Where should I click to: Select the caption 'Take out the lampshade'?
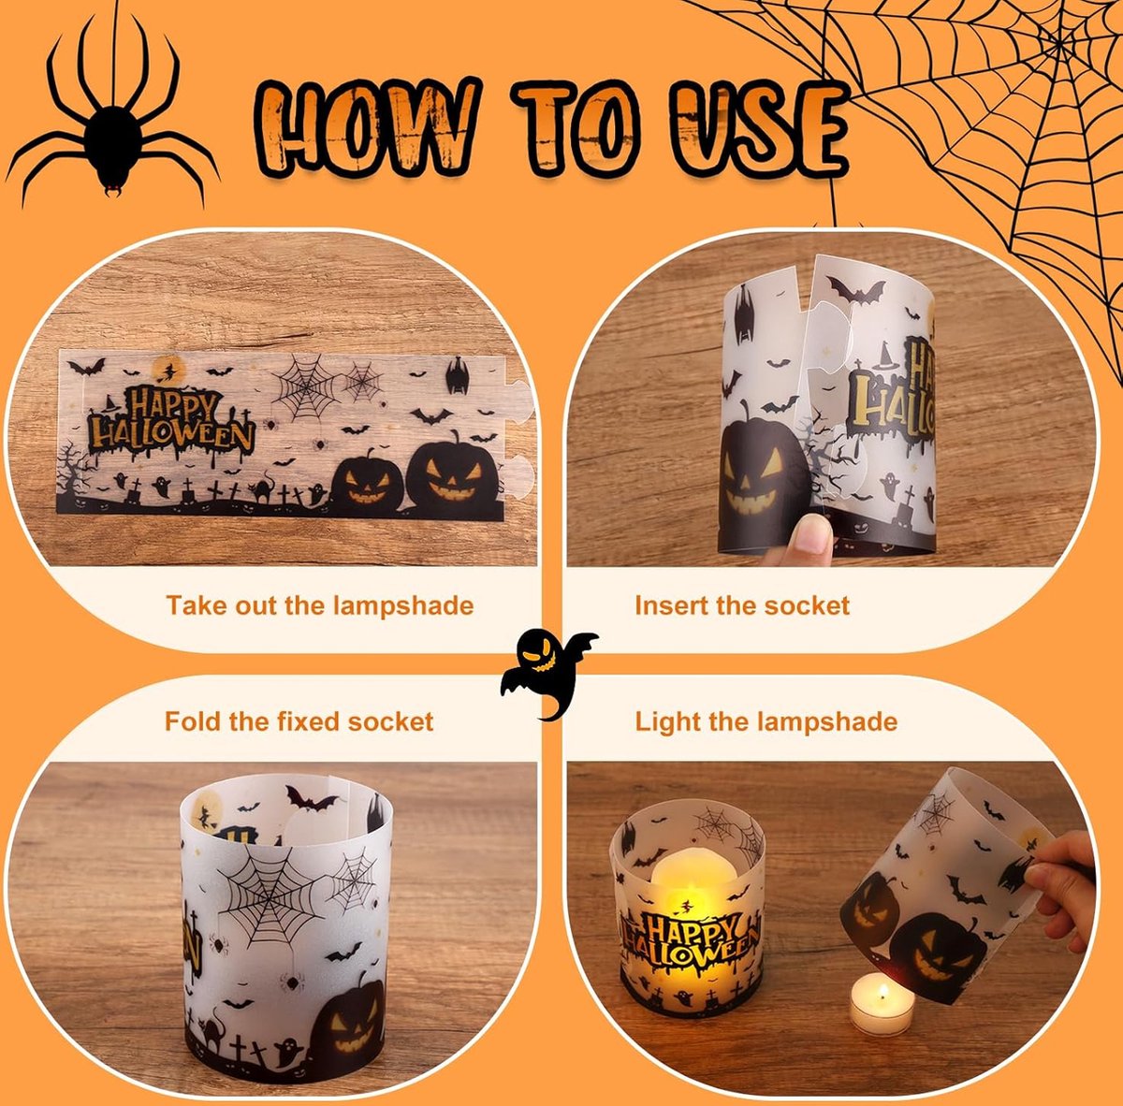(320, 605)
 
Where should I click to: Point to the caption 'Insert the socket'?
(742, 605)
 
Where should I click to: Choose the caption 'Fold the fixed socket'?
(299, 721)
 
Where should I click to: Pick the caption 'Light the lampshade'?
(766, 722)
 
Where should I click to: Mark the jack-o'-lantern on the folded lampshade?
(348, 1017)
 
